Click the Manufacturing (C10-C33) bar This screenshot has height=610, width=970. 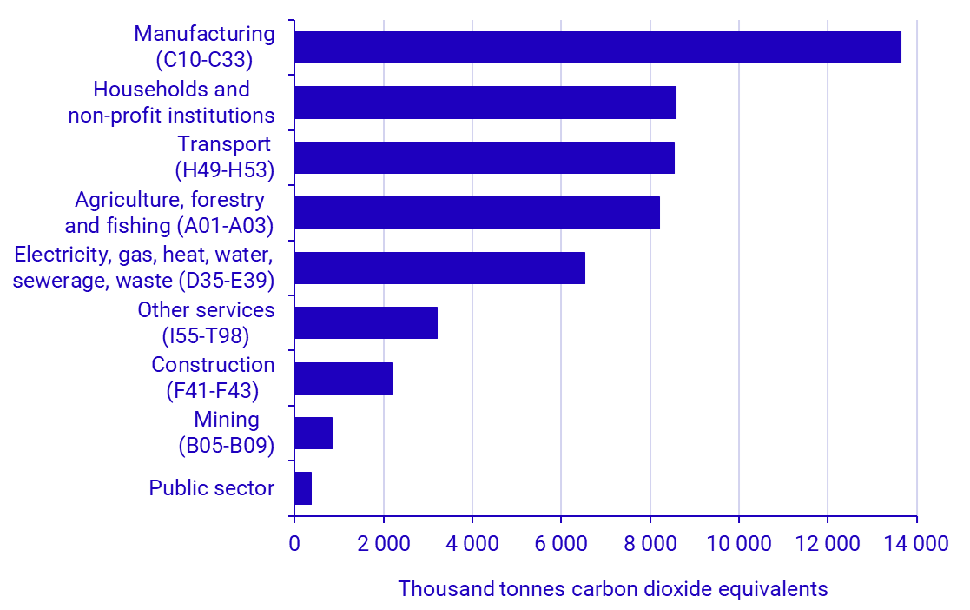pos(597,48)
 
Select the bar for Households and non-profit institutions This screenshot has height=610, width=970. pos(485,103)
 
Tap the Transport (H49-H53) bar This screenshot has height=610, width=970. pos(484,157)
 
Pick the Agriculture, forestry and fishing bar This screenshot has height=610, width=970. pos(477,213)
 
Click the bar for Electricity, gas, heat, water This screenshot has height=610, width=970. pos(439,268)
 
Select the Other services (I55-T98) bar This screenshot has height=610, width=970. pos(366,322)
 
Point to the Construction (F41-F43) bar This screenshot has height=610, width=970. pos(343,378)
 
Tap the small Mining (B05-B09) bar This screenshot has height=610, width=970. pos(313,433)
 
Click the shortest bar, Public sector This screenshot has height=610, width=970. pos(303,488)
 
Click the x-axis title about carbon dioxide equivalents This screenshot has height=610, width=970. pos(612,589)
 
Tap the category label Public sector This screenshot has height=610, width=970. pos(211,488)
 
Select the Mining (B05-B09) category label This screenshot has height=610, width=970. pos(227,433)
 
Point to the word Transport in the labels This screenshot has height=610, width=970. pos(224,144)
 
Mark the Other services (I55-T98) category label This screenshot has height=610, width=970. pos(206,322)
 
